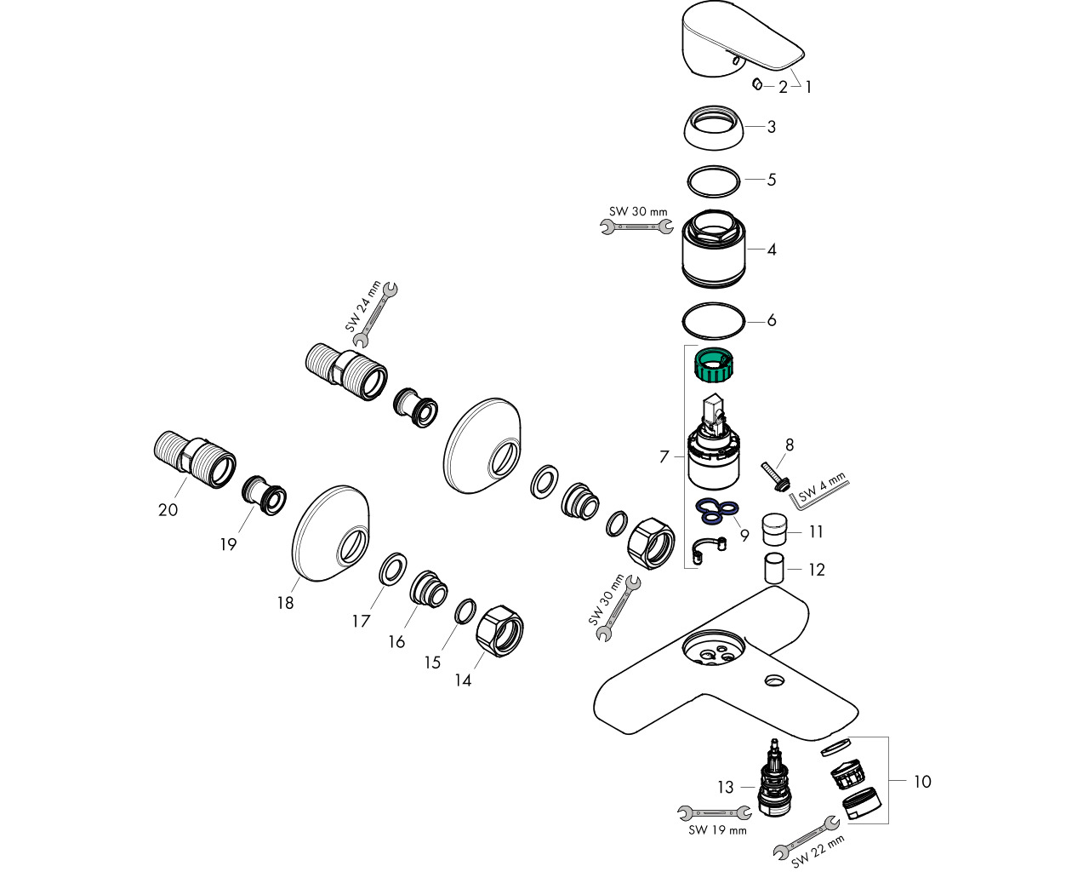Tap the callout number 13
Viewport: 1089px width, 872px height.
click(725, 788)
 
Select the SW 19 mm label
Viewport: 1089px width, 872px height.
click(717, 830)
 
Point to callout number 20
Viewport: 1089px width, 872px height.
click(168, 509)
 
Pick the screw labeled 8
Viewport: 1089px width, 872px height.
click(773, 473)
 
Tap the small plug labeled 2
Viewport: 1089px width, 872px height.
click(756, 84)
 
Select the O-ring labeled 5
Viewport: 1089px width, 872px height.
click(714, 181)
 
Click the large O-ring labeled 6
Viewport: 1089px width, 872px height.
click(714, 321)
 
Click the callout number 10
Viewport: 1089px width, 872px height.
click(922, 781)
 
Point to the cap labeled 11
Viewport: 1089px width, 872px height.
click(775, 530)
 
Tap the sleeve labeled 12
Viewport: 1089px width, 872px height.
click(773, 567)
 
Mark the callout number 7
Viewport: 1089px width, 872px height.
click(664, 457)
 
